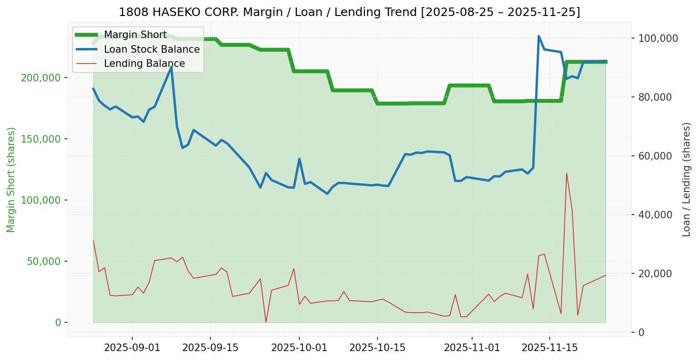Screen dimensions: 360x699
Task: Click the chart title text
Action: tap(349, 12)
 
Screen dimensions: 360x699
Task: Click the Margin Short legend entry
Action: tap(135, 35)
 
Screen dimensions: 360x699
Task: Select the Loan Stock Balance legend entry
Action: tap(152, 49)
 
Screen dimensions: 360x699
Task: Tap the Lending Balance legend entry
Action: tap(144, 64)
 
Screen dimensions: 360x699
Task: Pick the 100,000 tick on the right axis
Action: tap(658, 39)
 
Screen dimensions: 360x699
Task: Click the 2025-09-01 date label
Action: tap(132, 348)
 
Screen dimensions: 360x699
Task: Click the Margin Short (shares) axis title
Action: tap(11, 179)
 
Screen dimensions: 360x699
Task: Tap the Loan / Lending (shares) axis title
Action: tap(687, 179)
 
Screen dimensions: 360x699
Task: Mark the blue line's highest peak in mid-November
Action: tap(538, 36)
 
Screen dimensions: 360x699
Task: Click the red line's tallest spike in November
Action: tap(567, 173)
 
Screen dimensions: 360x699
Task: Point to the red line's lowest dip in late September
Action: tap(266, 322)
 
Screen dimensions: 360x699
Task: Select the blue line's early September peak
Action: tap(171, 67)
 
